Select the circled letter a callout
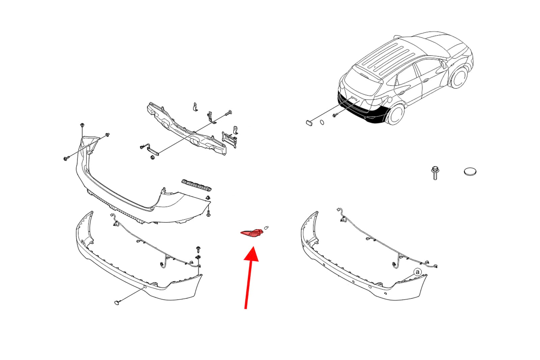(x=417, y=272)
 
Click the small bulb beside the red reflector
(x=266, y=227)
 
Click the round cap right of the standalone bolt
(x=470, y=172)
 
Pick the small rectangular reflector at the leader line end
(x=309, y=123)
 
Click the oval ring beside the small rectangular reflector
(x=322, y=122)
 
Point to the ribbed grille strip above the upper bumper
(x=196, y=185)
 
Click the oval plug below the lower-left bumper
(x=117, y=303)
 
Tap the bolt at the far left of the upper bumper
(x=66, y=158)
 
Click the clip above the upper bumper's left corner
(x=82, y=125)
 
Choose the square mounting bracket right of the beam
(x=229, y=139)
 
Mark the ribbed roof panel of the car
(x=386, y=58)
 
